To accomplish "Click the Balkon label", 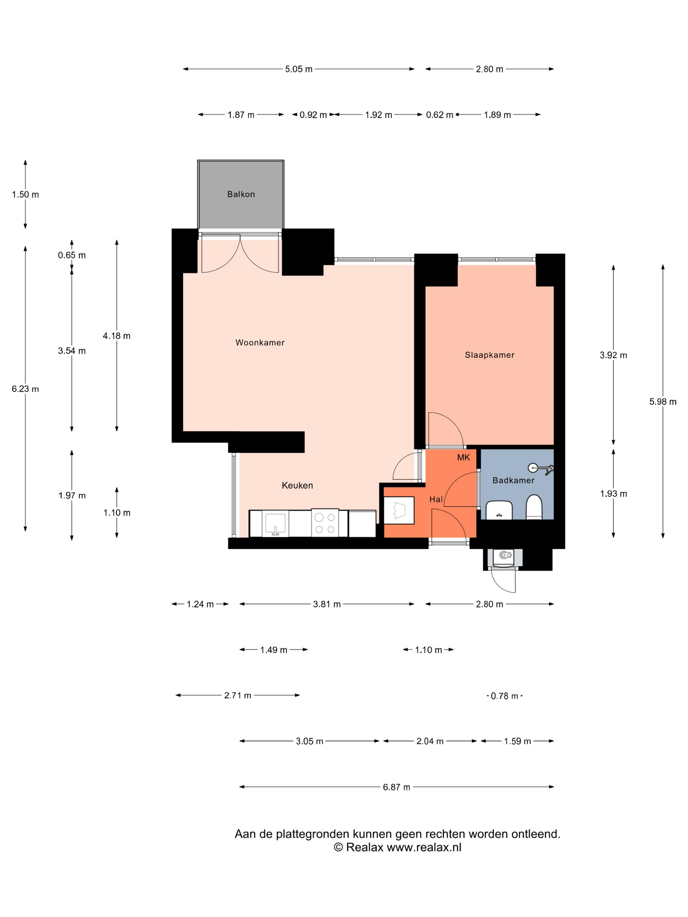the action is (x=241, y=195).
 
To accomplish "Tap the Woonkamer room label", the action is (x=260, y=343).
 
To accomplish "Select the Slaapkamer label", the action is (x=489, y=355).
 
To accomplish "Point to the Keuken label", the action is (x=297, y=485).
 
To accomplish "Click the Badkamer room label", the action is (x=513, y=480).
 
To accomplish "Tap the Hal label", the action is (x=436, y=499).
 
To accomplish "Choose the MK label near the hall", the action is (x=464, y=457).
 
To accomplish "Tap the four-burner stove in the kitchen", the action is (x=325, y=523).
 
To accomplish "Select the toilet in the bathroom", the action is (x=534, y=507).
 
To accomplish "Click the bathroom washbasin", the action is (x=499, y=510).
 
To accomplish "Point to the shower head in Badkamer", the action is (x=541, y=468).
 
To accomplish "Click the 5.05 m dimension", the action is (x=298, y=69).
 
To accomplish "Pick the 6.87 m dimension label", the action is (x=396, y=787).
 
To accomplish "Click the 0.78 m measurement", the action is (x=504, y=696).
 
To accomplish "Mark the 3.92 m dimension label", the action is (x=613, y=355).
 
